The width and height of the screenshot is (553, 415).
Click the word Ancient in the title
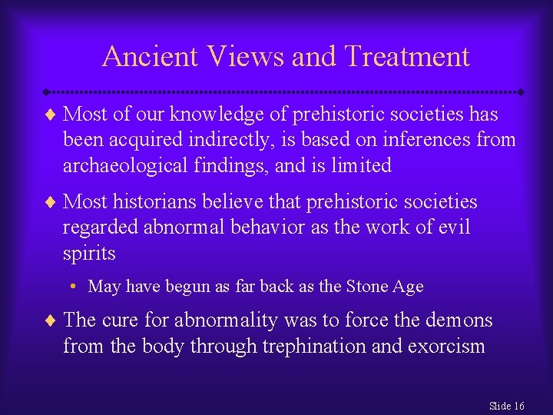[x=149, y=56]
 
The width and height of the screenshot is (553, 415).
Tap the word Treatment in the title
[x=407, y=56]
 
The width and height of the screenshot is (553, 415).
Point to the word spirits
[x=89, y=253]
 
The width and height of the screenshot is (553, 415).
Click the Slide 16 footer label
[x=507, y=405]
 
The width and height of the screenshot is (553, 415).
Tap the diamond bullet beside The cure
[x=51, y=320]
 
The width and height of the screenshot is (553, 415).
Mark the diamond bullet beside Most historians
[x=51, y=202]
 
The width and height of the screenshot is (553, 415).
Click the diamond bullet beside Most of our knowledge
[x=51, y=115]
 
